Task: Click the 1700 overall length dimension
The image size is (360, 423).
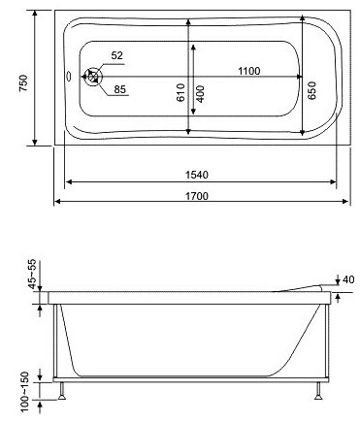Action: click(x=197, y=196)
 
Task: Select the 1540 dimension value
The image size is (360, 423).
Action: click(x=197, y=175)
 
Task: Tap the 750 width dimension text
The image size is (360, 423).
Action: click(x=24, y=83)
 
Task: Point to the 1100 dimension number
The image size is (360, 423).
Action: click(x=249, y=71)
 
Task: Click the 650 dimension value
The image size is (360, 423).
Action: click(x=311, y=90)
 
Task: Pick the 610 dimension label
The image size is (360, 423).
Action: click(x=180, y=92)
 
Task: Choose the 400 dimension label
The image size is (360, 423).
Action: click(x=201, y=94)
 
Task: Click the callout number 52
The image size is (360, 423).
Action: click(x=117, y=55)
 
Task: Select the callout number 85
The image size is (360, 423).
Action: click(x=119, y=89)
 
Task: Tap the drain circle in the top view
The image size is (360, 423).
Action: click(x=93, y=77)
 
